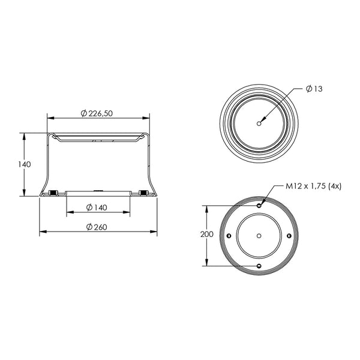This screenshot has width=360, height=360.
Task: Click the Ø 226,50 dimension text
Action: [x=97, y=113]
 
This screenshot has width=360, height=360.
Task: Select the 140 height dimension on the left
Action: [x=25, y=164]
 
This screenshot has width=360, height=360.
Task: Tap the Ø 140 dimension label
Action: [x=97, y=208]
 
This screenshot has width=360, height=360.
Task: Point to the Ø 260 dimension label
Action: [x=97, y=227]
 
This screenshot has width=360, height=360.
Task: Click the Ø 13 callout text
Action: [x=314, y=89]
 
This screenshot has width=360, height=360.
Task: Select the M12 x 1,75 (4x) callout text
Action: [x=313, y=186]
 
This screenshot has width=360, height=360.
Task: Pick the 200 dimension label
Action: [x=207, y=235]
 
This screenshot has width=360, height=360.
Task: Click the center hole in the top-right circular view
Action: [x=259, y=124]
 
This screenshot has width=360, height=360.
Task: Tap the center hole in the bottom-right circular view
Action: [x=259, y=236]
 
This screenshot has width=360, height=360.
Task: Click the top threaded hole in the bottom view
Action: [x=259, y=205]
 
